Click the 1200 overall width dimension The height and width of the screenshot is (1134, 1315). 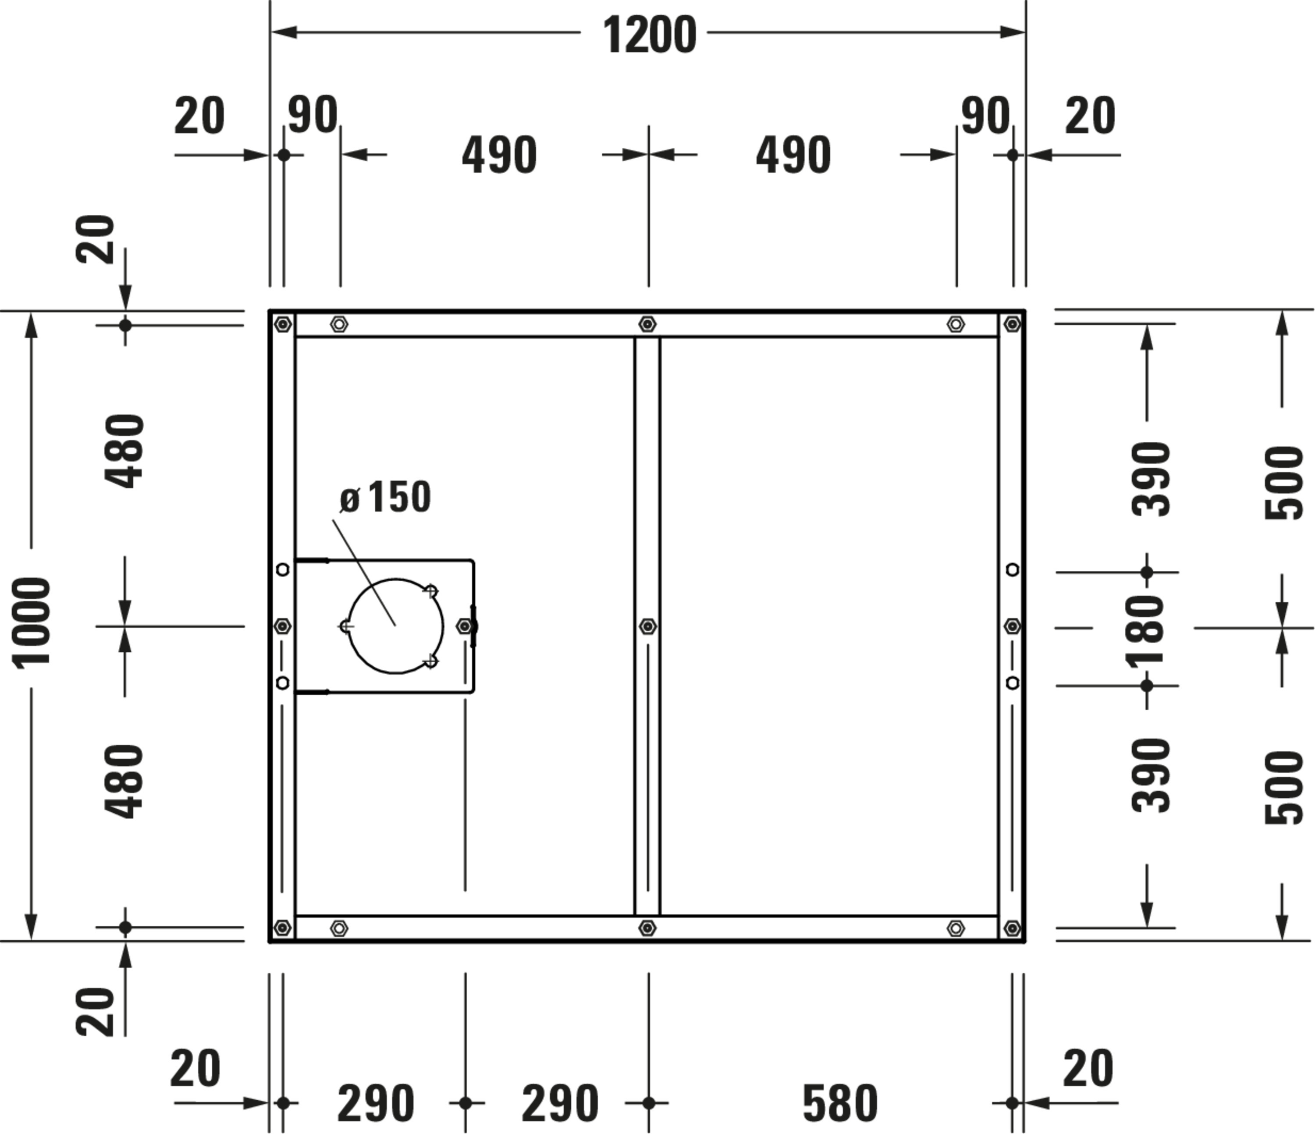[649, 36]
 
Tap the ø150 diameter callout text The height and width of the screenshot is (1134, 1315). [385, 497]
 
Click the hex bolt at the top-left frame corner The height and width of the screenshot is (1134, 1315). [283, 324]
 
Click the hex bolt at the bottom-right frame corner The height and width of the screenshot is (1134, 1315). [1012, 928]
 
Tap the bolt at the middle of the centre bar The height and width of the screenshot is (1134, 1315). [647, 627]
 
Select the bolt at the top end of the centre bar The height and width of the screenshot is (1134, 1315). [647, 324]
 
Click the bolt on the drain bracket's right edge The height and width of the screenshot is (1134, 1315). [466, 627]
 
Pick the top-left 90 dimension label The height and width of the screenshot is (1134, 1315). [312, 115]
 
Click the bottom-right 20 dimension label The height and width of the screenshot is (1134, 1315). [1088, 1069]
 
